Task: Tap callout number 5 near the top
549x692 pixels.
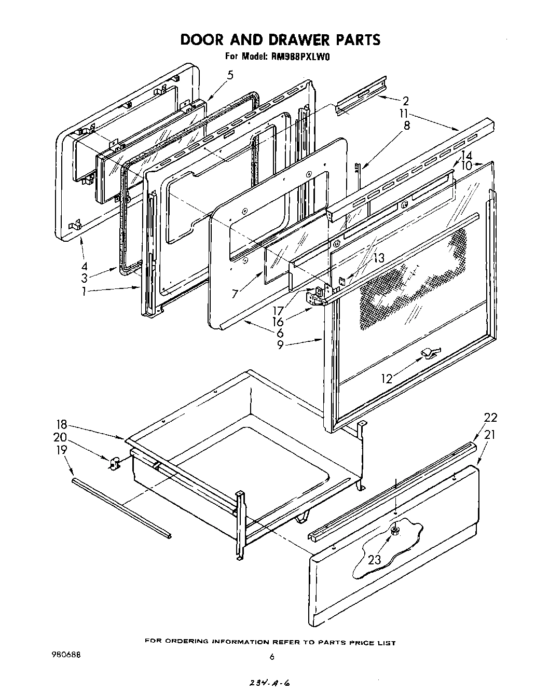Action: (x=230, y=75)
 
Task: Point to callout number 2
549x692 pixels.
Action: (x=405, y=101)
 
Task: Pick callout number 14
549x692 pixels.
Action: (x=466, y=155)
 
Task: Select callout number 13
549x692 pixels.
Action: (x=379, y=257)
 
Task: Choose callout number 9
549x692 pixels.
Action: (x=280, y=344)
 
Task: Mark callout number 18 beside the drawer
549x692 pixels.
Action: (x=61, y=425)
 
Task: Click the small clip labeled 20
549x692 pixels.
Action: (x=114, y=462)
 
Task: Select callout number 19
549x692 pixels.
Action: (x=61, y=449)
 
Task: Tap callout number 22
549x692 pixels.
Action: (x=490, y=417)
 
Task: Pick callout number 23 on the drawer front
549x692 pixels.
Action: (x=374, y=559)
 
